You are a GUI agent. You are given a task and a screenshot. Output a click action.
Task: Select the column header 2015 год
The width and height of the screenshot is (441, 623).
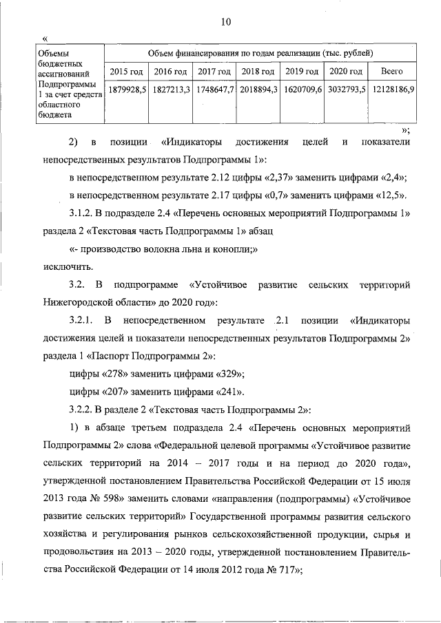coord(125,72)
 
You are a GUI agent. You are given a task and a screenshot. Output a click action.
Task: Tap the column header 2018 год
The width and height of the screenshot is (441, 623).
coord(258,72)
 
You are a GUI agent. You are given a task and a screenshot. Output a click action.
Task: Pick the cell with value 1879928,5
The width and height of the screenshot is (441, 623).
coord(125,90)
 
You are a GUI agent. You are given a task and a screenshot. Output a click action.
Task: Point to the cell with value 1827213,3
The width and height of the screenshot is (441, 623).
coord(170,90)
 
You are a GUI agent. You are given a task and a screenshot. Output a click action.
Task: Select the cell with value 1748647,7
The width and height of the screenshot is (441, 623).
coord(214,90)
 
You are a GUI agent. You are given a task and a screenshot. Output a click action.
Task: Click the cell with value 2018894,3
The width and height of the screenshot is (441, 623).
coord(258,90)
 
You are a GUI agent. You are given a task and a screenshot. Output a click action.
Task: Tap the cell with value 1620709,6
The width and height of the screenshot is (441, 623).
coord(302,90)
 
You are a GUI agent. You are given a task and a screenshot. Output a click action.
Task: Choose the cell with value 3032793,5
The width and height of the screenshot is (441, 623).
coord(346,90)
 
